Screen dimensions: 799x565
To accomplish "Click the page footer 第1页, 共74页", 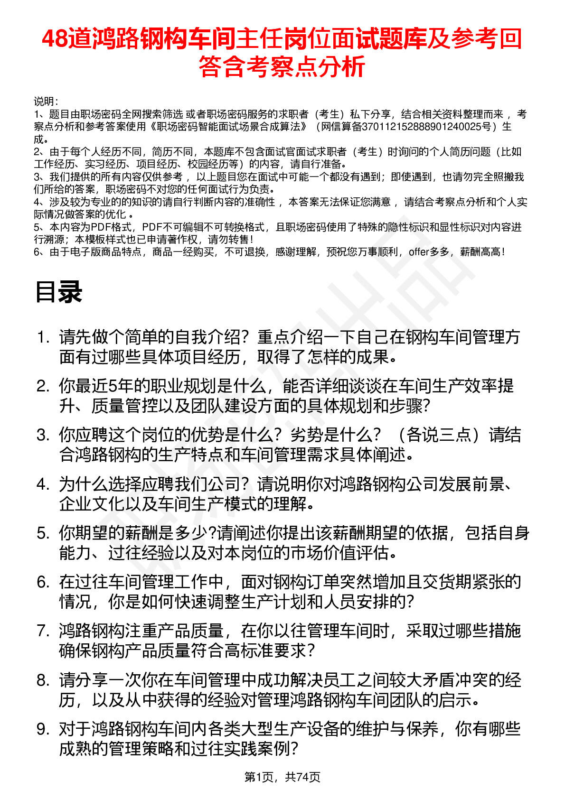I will [282, 777].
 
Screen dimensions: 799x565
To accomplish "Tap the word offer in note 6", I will [418, 252].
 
